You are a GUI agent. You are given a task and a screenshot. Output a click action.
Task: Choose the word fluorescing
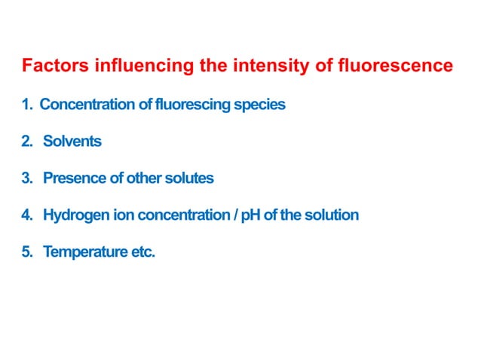(x=191, y=105)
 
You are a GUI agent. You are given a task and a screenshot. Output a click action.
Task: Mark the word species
(x=259, y=105)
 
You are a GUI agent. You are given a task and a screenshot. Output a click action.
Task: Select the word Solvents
(x=72, y=142)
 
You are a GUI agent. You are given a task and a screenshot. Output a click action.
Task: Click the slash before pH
(x=235, y=215)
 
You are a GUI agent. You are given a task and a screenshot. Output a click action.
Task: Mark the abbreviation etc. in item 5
(x=143, y=252)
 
